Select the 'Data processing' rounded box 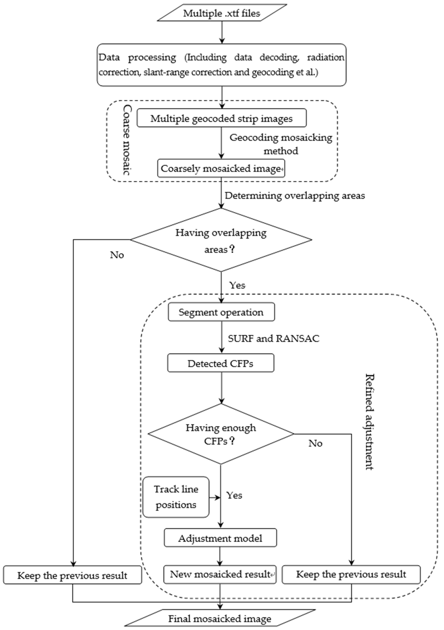(x=221, y=65)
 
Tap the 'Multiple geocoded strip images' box (x=221, y=118)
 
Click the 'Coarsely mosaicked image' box (x=221, y=168)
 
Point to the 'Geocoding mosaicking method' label (x=281, y=144)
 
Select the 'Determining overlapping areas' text (x=295, y=196)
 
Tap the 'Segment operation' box (x=221, y=312)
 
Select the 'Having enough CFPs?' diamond (x=221, y=434)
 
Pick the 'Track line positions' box (x=176, y=497)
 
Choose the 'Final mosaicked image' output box (x=220, y=619)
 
